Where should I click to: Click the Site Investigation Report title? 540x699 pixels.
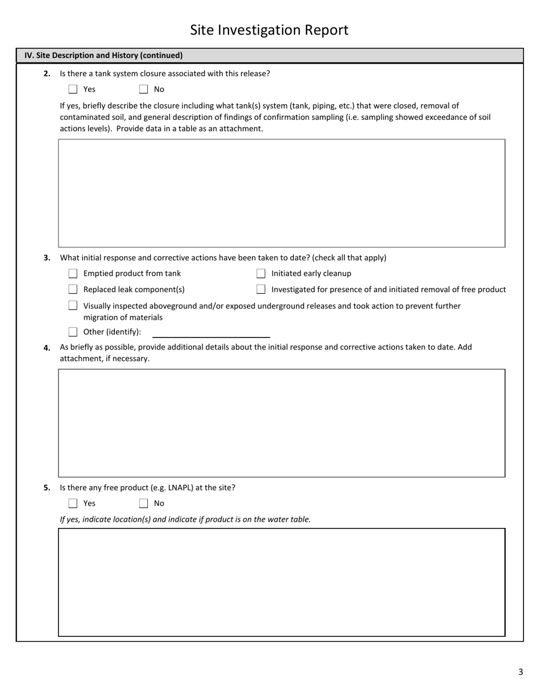coord(269,30)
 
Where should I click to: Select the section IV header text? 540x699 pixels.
coord(103,56)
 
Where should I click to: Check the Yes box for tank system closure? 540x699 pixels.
coord(73,89)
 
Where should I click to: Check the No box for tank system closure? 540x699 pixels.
coord(143,89)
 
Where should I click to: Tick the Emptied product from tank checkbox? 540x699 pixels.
coord(73,273)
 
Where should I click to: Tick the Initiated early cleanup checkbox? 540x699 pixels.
coord(261,273)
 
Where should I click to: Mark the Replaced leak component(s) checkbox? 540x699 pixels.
coord(73,289)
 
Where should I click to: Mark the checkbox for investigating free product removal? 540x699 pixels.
coord(261,289)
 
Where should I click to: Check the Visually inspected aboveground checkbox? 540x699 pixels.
coord(73,306)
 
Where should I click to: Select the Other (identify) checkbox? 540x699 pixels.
coord(73,332)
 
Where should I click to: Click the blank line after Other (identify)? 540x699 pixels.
coord(211,333)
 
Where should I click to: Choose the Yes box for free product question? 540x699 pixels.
coord(73,503)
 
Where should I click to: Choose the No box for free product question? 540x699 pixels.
coord(143,503)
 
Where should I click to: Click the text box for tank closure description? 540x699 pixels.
coord(281,193)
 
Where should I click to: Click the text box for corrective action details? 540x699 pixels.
coord(281,423)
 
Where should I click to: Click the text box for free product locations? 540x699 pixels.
coord(281,582)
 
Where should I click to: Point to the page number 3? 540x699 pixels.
coord(520,672)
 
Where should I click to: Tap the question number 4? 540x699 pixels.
coord(47,348)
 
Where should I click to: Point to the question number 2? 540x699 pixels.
coord(47,74)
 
